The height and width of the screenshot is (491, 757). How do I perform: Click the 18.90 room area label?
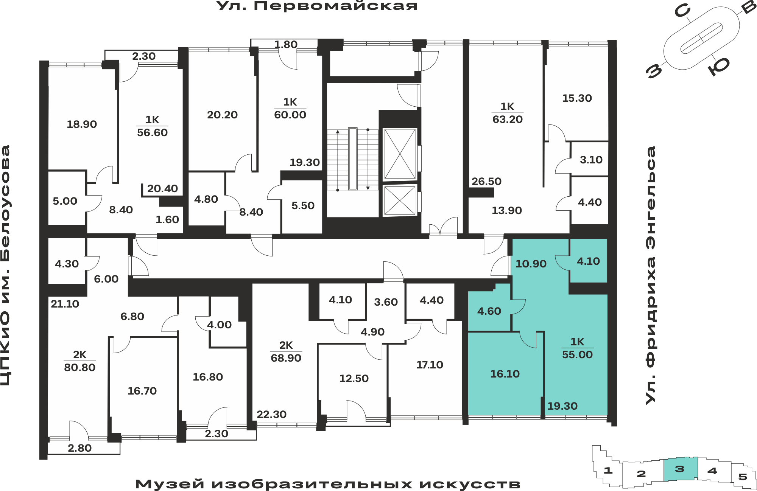click(x=82, y=124)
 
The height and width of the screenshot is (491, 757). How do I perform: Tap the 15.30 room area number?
click(x=577, y=98)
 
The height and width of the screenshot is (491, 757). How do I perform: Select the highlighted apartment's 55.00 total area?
click(x=577, y=355)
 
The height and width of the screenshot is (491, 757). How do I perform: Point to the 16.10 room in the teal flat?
click(x=505, y=374)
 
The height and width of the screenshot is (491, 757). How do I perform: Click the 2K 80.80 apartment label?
click(x=79, y=361)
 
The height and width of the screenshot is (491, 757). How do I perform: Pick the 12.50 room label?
click(x=354, y=379)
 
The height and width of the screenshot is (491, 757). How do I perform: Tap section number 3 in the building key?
click(x=680, y=469)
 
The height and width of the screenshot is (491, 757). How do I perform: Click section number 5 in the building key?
click(x=743, y=477)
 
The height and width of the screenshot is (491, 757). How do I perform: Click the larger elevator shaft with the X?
click(x=400, y=154)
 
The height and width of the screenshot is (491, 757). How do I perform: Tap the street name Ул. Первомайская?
click(x=317, y=6)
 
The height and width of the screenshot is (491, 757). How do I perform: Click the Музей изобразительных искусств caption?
click(x=328, y=484)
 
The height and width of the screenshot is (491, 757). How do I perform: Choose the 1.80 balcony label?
click(x=286, y=45)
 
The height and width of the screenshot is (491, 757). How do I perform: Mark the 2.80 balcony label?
click(x=79, y=448)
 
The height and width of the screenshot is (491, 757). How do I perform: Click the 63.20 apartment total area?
click(x=507, y=120)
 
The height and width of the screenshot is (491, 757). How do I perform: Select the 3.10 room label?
click(x=591, y=160)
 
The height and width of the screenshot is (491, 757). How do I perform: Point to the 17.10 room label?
click(x=430, y=365)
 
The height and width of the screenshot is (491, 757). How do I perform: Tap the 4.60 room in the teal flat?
click(x=489, y=311)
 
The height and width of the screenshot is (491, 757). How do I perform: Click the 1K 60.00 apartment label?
click(x=290, y=109)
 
